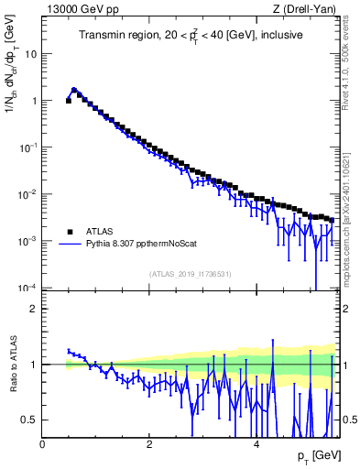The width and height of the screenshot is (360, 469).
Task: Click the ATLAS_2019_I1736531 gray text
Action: tap(191, 274)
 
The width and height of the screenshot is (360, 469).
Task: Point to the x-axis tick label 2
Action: tap(149, 444)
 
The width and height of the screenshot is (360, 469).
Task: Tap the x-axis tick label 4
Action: tap(256, 444)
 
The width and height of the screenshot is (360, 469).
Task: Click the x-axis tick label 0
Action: tap(42, 444)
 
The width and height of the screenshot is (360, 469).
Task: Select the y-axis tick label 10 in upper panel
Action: tap(30, 53)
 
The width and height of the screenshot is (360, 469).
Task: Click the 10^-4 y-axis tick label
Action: tap(27, 288)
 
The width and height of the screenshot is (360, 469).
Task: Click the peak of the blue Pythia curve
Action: tap(74, 90)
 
